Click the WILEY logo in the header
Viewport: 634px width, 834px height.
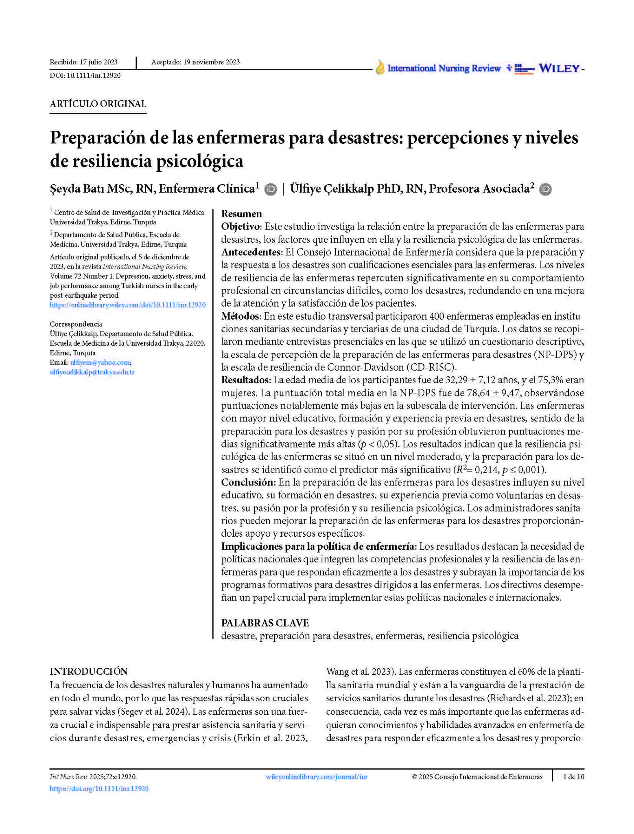559,69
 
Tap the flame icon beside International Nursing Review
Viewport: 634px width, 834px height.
380,68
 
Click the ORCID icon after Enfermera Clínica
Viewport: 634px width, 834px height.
270,189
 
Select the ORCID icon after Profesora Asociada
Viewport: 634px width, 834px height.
545,189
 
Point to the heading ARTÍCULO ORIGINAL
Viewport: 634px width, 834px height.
98,104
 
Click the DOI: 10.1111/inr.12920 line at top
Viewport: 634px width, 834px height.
85,75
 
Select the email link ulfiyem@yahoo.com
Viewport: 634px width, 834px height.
100,362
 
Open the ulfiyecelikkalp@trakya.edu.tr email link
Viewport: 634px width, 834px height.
92,372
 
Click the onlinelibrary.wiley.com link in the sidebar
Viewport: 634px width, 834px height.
127,305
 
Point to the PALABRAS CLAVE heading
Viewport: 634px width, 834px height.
265,623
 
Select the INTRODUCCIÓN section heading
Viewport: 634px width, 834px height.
89,672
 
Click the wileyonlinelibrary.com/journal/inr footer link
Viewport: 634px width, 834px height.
316,777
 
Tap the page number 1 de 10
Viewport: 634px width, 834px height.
573,777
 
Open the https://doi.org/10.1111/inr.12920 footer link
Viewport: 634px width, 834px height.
99,789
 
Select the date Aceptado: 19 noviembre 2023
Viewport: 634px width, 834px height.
195,62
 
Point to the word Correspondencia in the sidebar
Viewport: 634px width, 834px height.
76,324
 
